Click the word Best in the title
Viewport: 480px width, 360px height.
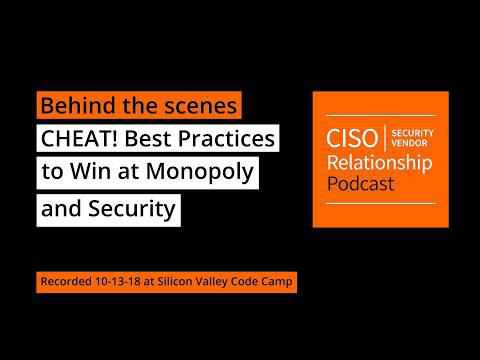[x=153, y=138]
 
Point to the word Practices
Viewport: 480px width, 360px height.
[x=229, y=138]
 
